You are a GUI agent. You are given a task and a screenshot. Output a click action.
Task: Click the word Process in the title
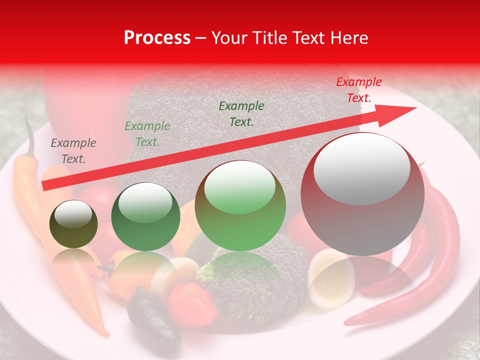(x=157, y=38)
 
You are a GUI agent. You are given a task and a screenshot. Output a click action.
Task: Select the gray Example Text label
(x=73, y=151)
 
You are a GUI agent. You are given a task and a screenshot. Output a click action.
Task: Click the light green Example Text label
(x=147, y=134)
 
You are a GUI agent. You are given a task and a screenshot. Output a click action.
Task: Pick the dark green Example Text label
(x=241, y=113)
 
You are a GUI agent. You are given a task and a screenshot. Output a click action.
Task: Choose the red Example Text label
(x=359, y=90)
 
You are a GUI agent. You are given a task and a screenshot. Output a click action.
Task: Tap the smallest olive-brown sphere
(x=73, y=224)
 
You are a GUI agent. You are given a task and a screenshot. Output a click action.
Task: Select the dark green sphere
(x=145, y=216)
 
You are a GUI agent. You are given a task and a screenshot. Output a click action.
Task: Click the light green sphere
(x=240, y=206)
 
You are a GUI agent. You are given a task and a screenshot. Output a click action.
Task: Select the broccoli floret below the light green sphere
(x=260, y=280)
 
